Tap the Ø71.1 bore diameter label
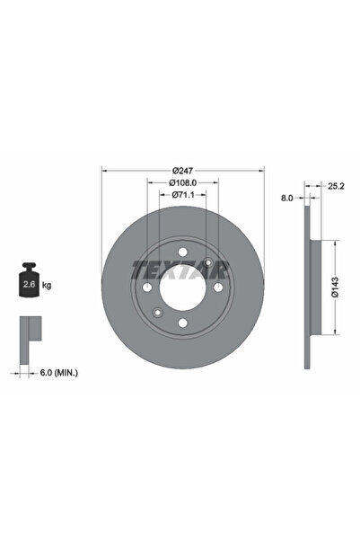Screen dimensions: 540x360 (x=182, y=194)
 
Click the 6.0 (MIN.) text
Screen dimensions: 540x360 (x=58, y=371)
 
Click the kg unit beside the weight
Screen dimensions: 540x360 (x=48, y=285)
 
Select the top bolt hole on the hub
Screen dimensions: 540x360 (x=182, y=252)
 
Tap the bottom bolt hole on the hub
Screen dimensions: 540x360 (x=182, y=323)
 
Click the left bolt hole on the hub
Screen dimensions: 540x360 (x=147, y=288)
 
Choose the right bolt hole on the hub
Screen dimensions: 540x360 (x=217, y=288)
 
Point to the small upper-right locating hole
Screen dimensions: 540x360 (x=208, y=262)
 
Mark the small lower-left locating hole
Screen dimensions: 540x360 (x=157, y=313)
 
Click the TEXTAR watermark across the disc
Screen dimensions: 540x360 (x=182, y=269)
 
